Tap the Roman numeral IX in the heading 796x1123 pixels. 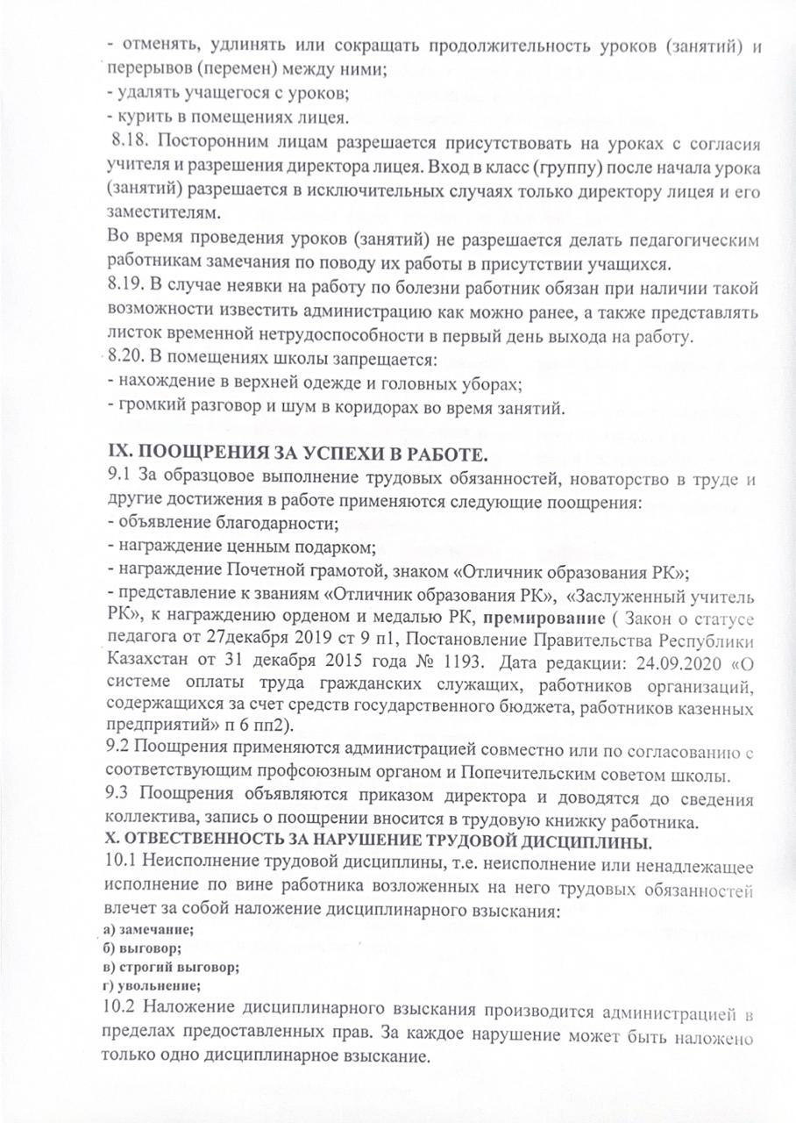pos(118,454)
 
